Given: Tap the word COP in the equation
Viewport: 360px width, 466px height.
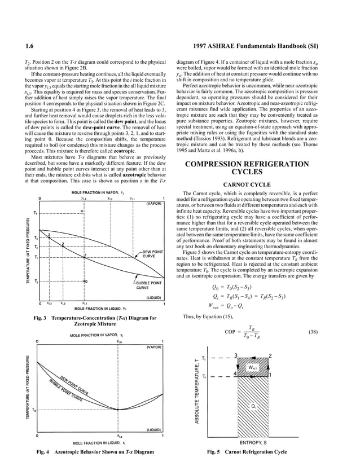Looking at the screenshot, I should click(230, 331).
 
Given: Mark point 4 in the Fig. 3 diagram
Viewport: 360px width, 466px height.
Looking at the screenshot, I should click(82, 210).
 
